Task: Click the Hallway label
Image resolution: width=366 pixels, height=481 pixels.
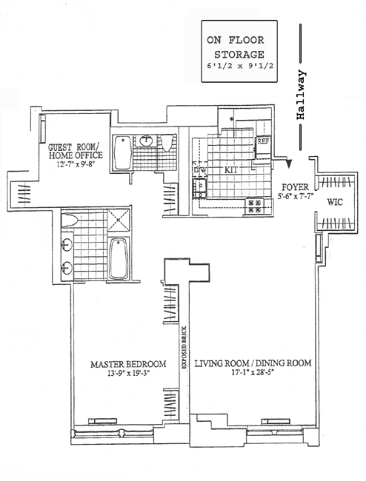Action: pos(302,95)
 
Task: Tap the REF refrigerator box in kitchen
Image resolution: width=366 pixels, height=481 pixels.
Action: pos(263,147)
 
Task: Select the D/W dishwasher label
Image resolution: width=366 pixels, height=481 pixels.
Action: pos(200,169)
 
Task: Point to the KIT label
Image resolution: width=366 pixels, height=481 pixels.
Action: pos(231,170)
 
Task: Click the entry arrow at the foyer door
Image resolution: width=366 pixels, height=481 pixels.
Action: pos(288,164)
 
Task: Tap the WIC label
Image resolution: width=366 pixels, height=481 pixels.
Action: pos(335,202)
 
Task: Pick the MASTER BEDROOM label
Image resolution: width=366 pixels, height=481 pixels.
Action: pos(128,364)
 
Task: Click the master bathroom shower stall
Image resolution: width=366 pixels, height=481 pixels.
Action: pos(119,219)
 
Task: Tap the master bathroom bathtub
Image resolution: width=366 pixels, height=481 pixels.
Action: pos(119,259)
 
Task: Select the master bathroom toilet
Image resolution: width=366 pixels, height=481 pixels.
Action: pos(68,221)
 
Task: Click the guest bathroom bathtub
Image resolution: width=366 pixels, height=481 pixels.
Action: pos(123,152)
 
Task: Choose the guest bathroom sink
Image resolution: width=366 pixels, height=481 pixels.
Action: pos(146,141)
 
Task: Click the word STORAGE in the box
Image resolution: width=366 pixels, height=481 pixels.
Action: pos(239,55)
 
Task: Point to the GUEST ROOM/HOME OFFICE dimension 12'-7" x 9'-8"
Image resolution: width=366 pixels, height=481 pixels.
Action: pos(75,164)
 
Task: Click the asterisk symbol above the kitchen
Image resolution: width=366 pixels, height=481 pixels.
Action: pos(231,119)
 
